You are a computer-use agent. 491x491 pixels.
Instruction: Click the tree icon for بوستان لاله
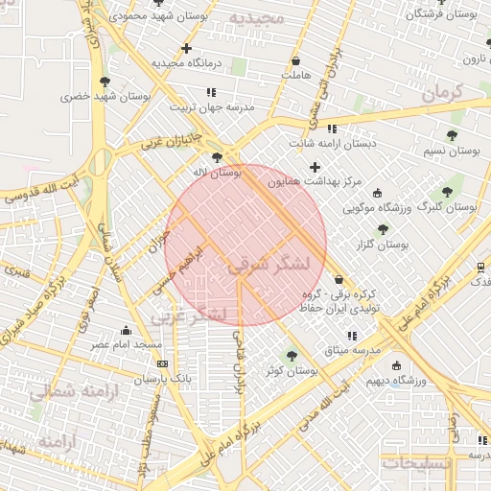coord(219,156)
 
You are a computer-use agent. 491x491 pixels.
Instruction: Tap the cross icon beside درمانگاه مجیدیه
coord(186,48)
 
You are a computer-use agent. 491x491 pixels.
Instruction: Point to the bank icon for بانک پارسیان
coord(162,363)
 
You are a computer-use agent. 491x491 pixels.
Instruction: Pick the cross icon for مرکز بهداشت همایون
coord(315,168)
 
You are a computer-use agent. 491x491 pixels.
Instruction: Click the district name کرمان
coord(441,94)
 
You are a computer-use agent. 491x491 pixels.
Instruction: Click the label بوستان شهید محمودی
coord(154,16)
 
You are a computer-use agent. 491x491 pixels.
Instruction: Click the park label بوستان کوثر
coord(293,370)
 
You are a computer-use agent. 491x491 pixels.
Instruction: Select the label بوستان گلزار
coord(383,245)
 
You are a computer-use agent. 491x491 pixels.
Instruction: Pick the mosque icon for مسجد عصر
coord(128,330)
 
